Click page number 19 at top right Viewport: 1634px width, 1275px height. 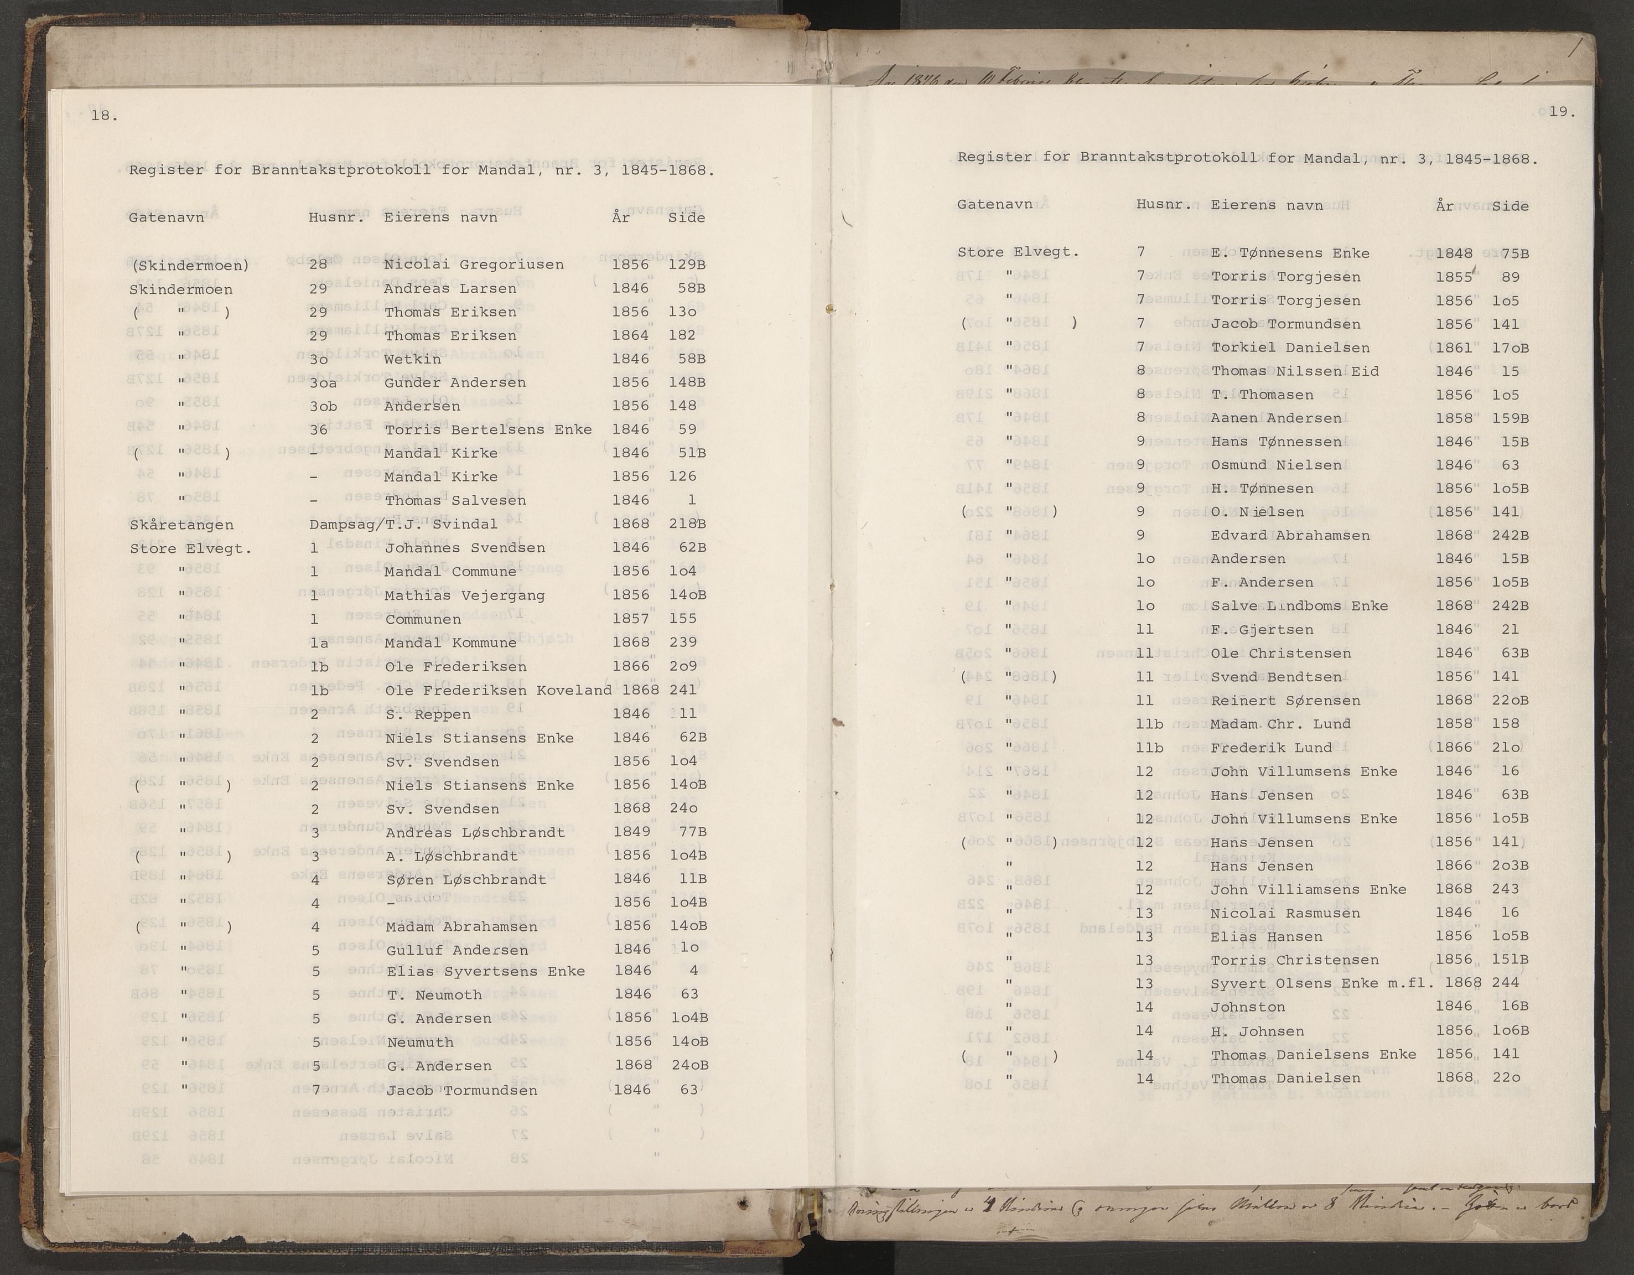1562,112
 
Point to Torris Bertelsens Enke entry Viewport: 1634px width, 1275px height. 488,429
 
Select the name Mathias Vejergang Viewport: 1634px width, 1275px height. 465,595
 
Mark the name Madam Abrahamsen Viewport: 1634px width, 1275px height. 461,927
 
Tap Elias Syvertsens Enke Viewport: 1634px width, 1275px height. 486,971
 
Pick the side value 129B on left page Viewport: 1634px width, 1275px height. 688,265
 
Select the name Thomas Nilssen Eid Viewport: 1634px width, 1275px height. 1294,371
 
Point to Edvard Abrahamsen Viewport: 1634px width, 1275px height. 1290,536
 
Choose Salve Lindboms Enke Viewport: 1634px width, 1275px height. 1299,606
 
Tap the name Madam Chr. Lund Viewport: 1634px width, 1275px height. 1281,724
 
